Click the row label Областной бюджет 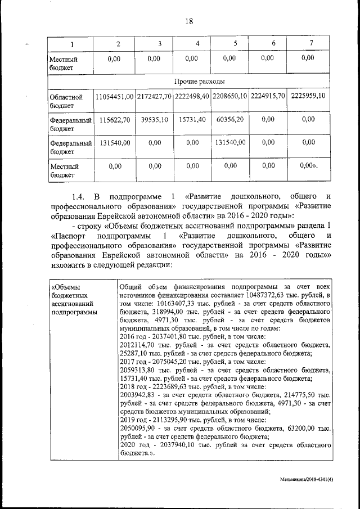click(x=62, y=101)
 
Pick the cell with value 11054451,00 click(x=115, y=97)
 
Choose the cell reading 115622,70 click(x=115, y=120)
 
